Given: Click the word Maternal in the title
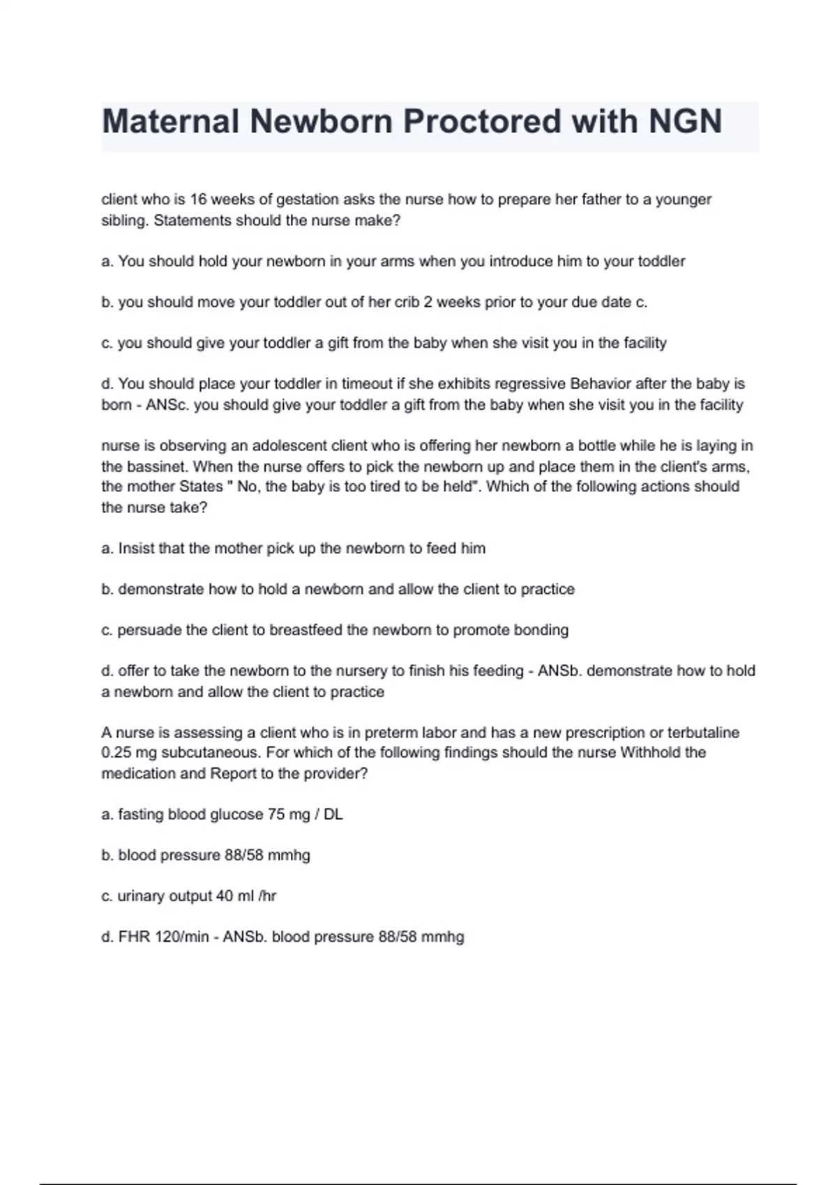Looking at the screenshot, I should tap(170, 121).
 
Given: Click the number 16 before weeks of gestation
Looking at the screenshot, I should tap(198, 199).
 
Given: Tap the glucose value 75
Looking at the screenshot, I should tap(276, 814).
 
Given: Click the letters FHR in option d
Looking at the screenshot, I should tap(134, 937).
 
